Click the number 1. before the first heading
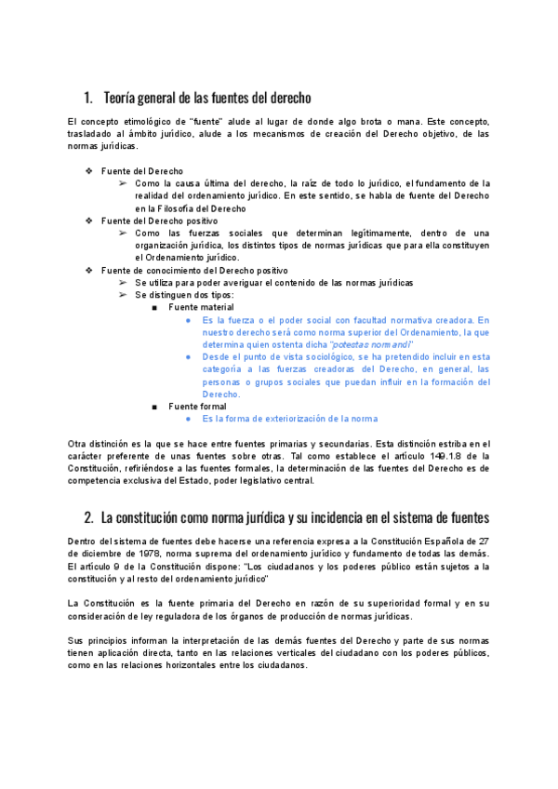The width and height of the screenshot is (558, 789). click(x=88, y=98)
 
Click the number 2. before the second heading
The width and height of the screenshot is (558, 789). click(x=88, y=516)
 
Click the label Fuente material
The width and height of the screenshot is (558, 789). click(x=201, y=307)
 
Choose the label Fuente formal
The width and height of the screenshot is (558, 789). click(x=197, y=406)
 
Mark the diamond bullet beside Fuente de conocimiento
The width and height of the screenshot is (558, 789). click(x=89, y=270)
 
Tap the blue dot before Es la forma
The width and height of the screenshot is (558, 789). click(x=188, y=419)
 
